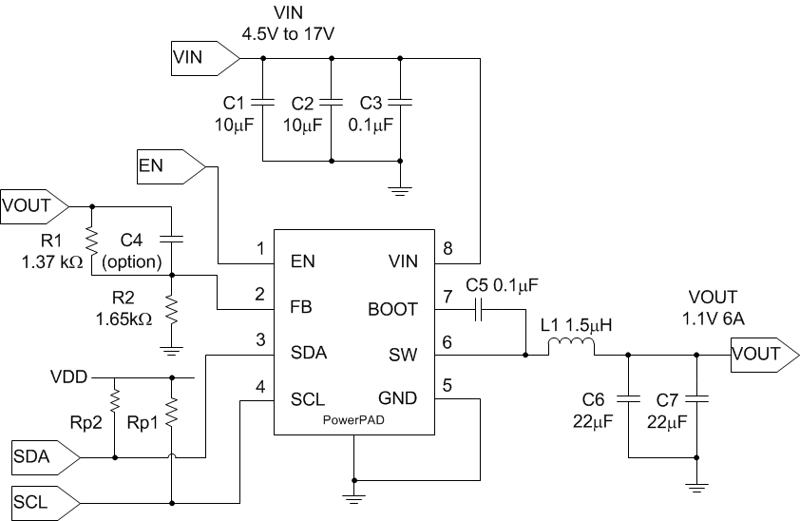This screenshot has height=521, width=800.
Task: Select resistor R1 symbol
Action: pos(92,236)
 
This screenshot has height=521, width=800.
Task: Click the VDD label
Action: pos(69,376)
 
